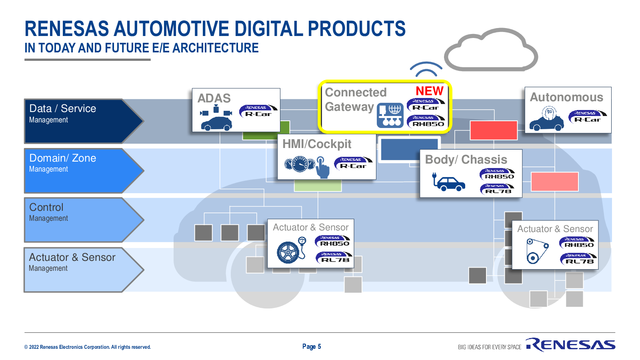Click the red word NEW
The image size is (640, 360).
pos(430,91)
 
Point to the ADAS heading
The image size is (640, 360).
pos(214,98)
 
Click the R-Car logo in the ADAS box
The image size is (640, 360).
pos(258,111)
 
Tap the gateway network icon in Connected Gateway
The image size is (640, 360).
pos(390,115)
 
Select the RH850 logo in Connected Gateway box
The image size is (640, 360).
pos(426,121)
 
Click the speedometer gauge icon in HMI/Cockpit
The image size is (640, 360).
pos(300,164)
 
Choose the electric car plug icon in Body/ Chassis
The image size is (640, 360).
pos(448,182)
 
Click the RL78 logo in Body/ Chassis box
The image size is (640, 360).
pos(497,189)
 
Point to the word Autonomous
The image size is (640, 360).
pos(566,97)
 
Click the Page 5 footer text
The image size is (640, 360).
pos(312,346)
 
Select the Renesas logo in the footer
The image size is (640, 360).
pos(570,344)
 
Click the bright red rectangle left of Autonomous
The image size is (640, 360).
pos(494,130)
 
